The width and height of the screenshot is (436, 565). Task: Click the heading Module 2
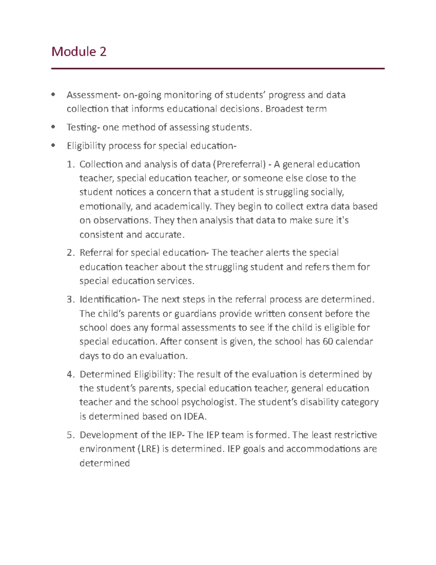(x=79, y=52)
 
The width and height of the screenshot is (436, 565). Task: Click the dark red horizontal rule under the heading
(x=218, y=68)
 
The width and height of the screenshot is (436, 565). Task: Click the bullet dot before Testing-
(x=54, y=127)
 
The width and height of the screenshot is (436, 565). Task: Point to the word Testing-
(x=83, y=127)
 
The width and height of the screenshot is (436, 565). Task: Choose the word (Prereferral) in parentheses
(x=239, y=164)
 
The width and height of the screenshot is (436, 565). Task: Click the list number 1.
(x=70, y=164)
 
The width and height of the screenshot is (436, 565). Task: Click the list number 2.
(x=70, y=253)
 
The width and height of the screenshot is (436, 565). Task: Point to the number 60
(x=328, y=342)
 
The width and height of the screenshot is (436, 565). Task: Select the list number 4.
(x=70, y=374)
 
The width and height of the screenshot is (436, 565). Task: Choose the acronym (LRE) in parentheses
(x=149, y=449)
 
